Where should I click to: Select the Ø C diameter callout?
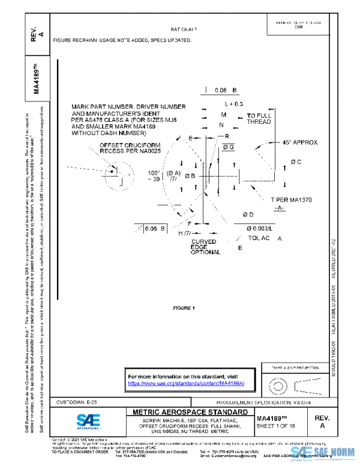click(295, 162)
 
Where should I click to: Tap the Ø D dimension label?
click(248, 214)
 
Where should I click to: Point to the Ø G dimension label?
click(228, 147)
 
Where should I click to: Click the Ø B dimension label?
click(190, 175)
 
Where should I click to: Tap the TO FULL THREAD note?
click(259, 118)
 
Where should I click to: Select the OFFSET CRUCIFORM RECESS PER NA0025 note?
click(130, 148)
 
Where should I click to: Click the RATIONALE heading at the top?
click(184, 29)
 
